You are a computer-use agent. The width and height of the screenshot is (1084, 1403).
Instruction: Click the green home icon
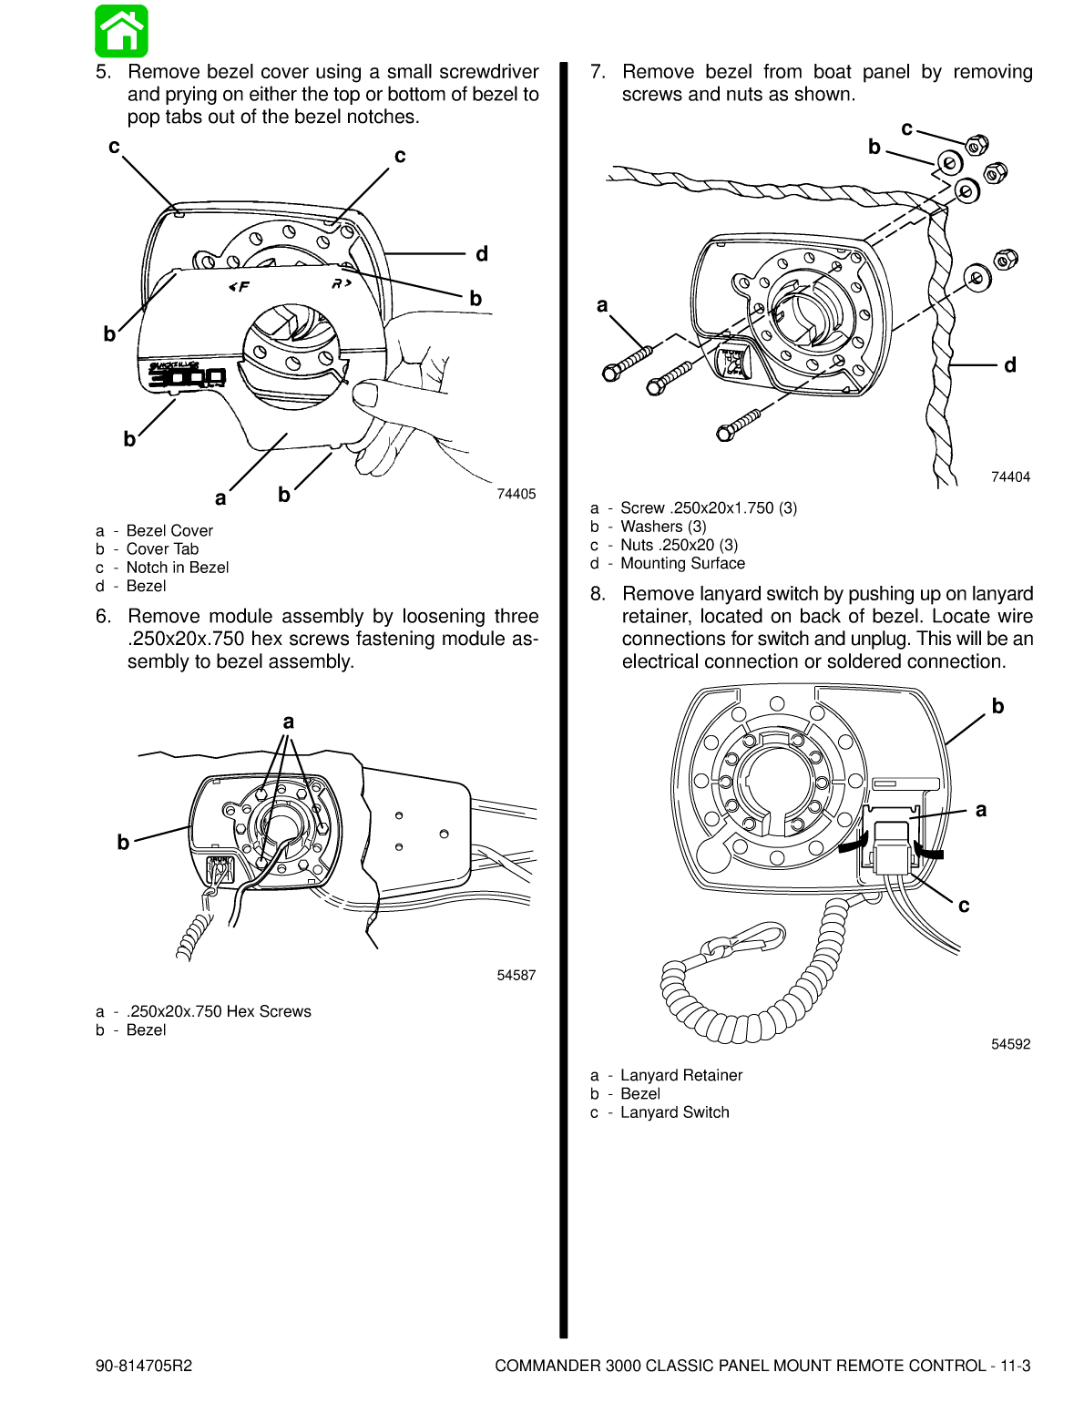click(x=121, y=31)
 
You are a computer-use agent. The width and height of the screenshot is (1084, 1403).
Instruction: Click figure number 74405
click(x=516, y=494)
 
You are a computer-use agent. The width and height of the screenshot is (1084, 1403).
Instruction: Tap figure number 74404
click(x=1010, y=476)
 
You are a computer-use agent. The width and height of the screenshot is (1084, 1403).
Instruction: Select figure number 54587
click(x=516, y=975)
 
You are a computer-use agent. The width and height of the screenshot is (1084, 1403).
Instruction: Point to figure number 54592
click(x=1010, y=1044)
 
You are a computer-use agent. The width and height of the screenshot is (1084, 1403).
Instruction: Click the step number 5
click(x=103, y=72)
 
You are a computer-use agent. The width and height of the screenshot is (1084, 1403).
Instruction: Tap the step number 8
click(x=598, y=594)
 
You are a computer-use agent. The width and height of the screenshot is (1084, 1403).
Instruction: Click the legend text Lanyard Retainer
click(x=681, y=1075)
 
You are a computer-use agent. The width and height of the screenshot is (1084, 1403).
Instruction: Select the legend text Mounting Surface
click(x=682, y=563)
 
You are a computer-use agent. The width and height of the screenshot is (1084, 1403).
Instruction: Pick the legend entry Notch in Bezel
click(x=178, y=568)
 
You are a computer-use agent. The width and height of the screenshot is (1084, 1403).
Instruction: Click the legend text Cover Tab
click(x=162, y=548)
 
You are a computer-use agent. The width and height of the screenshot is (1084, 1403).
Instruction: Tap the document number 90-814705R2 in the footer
click(x=144, y=1366)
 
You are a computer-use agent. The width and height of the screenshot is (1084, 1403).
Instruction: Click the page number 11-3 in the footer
click(x=1015, y=1366)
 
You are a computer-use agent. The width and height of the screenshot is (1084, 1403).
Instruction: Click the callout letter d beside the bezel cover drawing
click(x=482, y=254)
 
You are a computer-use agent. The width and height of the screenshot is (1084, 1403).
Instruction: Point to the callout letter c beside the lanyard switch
click(x=964, y=906)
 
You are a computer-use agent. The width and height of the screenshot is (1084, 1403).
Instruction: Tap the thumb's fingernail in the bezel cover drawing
click(x=364, y=394)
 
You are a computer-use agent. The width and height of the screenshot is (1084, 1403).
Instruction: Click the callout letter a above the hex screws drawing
click(x=289, y=722)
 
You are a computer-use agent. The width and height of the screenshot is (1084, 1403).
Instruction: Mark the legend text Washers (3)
click(x=663, y=527)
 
